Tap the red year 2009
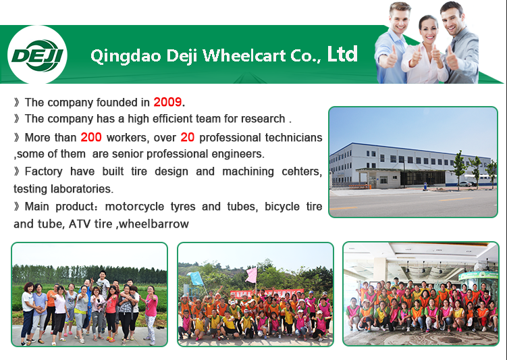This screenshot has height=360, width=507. [167, 102]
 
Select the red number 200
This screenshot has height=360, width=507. [91, 137]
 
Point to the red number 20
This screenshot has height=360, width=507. [187, 137]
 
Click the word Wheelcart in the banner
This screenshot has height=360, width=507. [244, 55]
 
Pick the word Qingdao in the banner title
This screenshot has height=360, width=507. [126, 56]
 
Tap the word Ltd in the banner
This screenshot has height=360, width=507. [342, 53]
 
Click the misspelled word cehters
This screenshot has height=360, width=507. [302, 172]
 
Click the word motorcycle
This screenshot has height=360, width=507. [134, 207]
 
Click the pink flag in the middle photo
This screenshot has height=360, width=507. [251, 276]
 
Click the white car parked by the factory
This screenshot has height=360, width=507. [466, 184]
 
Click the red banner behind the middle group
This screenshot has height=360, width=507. [267, 293]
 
